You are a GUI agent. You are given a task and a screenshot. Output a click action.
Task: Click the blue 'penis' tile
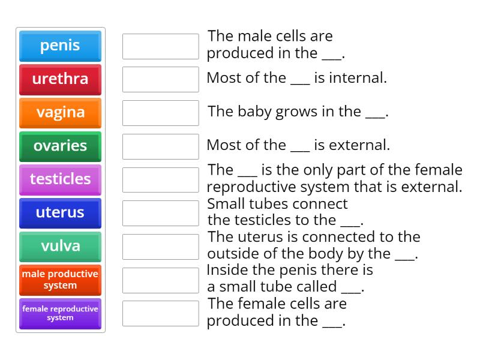pyautogui.click(x=60, y=46)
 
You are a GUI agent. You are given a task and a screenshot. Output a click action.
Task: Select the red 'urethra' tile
pyautogui.click(x=60, y=79)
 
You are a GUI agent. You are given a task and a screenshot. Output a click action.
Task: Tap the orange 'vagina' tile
pyautogui.click(x=60, y=113)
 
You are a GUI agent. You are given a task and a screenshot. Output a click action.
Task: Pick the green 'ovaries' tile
pyautogui.click(x=60, y=146)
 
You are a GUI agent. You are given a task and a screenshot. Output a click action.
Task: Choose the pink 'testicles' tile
pyautogui.click(x=60, y=179)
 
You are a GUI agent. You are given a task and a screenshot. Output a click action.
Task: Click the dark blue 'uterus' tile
pyautogui.click(x=60, y=213)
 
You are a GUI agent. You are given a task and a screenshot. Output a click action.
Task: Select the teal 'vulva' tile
pyautogui.click(x=60, y=246)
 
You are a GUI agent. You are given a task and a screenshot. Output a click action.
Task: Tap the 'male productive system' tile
pyautogui.click(x=60, y=280)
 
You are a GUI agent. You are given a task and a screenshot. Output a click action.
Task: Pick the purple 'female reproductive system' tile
pyautogui.click(x=60, y=313)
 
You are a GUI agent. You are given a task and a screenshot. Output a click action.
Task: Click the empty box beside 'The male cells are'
pyautogui.click(x=160, y=46)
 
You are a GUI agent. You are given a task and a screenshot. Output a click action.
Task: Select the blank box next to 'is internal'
pyautogui.click(x=160, y=79)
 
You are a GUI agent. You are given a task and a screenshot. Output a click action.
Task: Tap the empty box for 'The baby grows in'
pyautogui.click(x=160, y=113)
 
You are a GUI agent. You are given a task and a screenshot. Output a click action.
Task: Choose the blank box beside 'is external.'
pyautogui.click(x=160, y=146)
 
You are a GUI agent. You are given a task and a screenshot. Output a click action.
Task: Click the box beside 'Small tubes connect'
pyautogui.click(x=160, y=213)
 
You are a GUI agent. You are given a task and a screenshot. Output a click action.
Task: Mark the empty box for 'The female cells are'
pyautogui.click(x=160, y=313)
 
